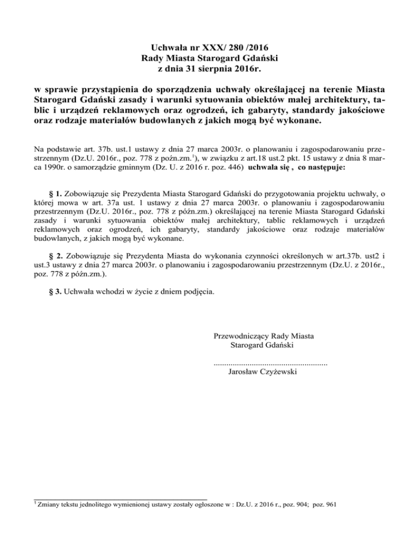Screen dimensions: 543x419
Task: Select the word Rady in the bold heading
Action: [152, 58]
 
